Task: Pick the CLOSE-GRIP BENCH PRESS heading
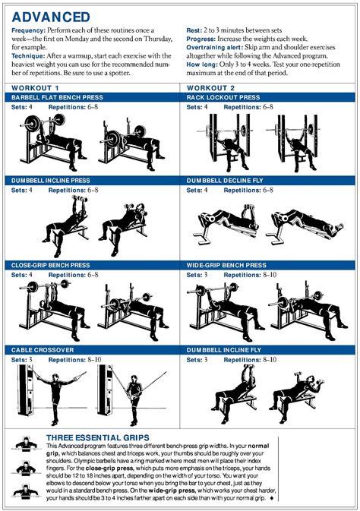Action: (x=51, y=265)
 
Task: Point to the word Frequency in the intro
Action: (x=28, y=30)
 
